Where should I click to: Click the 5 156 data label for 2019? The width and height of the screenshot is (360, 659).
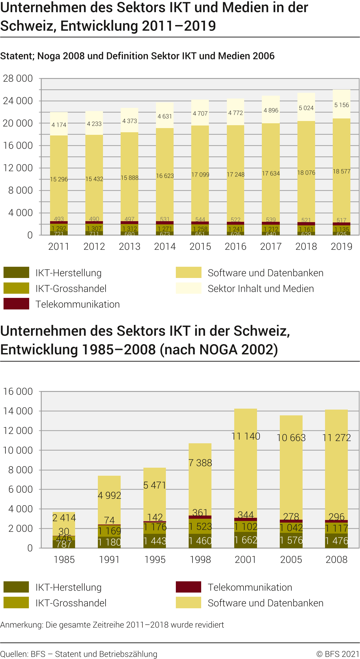[341, 105]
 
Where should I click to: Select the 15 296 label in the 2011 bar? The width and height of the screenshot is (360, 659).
[59, 179]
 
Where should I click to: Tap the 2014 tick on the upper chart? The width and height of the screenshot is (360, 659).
[165, 247]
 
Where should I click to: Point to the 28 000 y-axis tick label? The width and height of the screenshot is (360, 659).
[18, 78]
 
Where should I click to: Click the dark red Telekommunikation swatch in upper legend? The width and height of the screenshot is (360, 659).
[16, 304]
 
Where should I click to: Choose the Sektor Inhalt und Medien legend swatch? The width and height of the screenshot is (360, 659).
[188, 288]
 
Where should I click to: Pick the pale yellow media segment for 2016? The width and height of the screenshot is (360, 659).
[236, 112]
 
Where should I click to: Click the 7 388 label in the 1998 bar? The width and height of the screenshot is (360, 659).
[200, 463]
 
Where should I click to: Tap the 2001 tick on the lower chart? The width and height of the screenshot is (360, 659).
[245, 559]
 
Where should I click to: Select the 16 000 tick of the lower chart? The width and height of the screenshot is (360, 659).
[18, 391]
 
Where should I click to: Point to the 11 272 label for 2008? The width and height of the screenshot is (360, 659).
[337, 438]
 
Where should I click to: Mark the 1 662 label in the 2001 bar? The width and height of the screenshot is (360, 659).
[245, 540]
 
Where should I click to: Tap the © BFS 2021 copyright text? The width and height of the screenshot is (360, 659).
[338, 654]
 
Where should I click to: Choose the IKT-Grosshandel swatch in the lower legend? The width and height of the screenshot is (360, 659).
[16, 603]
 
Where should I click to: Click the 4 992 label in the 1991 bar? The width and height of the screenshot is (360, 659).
[109, 495]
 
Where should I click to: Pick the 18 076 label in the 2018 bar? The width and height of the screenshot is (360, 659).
[306, 173]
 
